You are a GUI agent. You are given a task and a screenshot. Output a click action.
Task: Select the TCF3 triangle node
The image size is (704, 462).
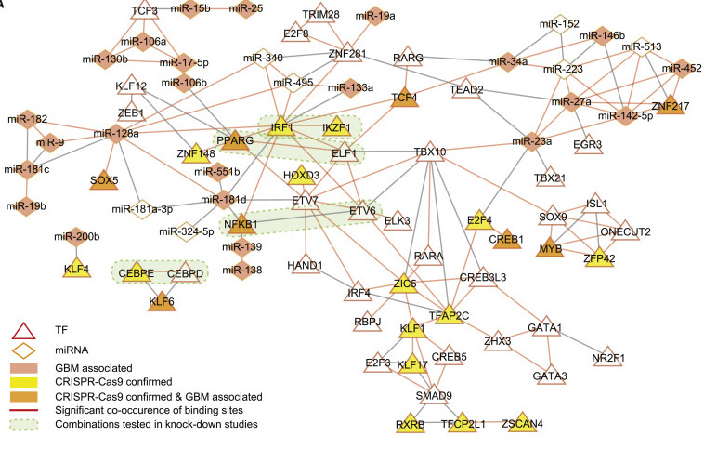pyautogui.click(x=144, y=12)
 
